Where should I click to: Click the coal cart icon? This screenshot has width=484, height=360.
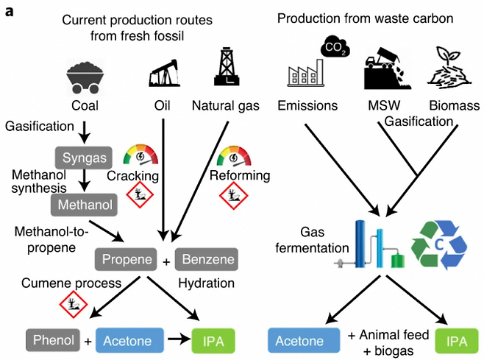tap(85, 77)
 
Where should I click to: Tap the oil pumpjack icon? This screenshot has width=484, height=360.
tap(164, 73)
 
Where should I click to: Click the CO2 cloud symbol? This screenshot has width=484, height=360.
tap(335, 46)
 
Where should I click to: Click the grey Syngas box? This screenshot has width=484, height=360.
tap(84, 158)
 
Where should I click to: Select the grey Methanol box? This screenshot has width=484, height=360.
tap(84, 205)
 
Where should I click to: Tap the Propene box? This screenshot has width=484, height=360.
tap(126, 259)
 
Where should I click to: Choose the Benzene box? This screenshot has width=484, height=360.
tap(207, 259)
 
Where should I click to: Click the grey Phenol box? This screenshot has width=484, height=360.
tap(53, 340)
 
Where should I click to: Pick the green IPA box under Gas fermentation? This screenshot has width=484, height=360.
tap(457, 341)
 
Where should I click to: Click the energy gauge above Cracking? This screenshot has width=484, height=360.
tap(140, 155)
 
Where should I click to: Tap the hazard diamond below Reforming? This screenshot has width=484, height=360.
tap(234, 196)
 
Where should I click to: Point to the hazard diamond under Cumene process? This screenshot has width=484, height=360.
tap(74, 304)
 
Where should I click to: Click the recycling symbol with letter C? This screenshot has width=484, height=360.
tap(439, 245)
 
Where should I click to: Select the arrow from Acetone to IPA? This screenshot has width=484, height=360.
tap(179, 339)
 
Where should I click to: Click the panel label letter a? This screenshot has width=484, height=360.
tap(9, 12)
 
